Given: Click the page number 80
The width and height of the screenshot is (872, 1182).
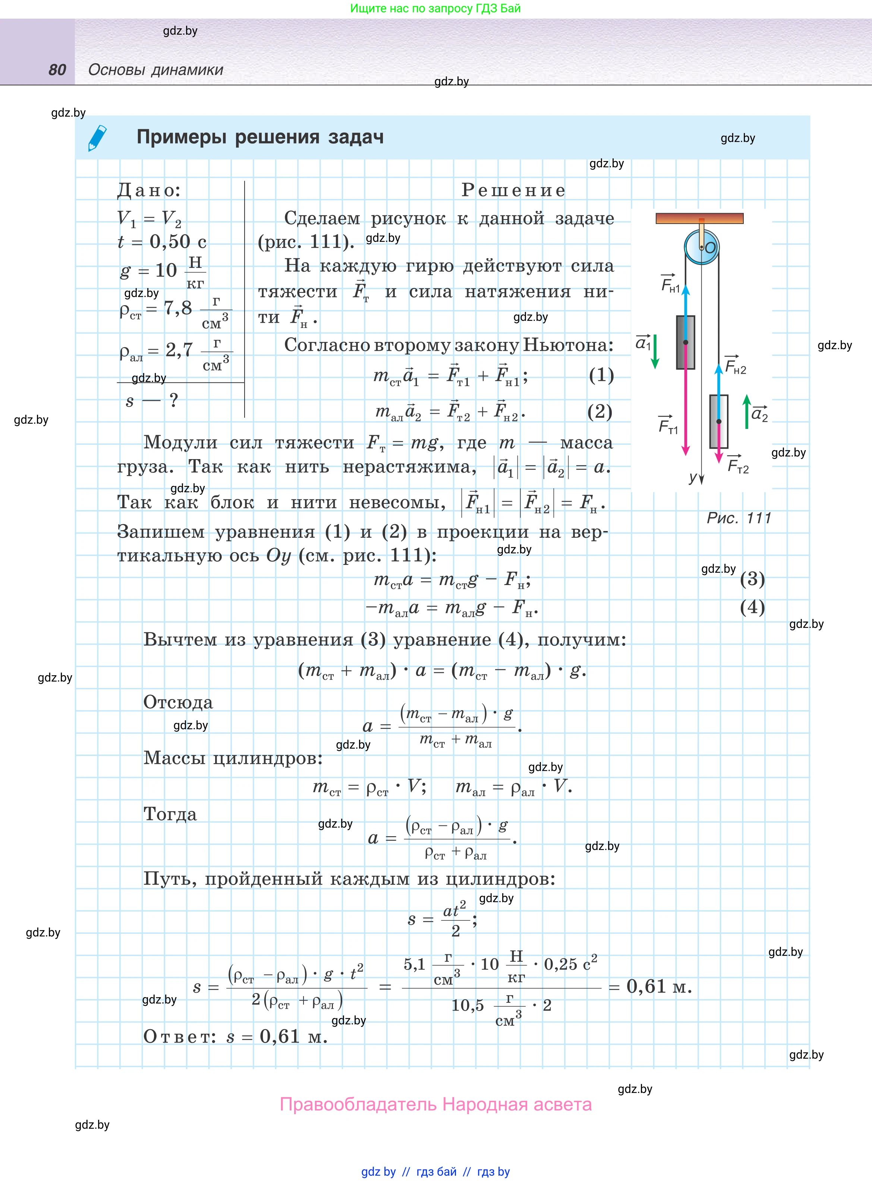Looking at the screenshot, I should tap(57, 70).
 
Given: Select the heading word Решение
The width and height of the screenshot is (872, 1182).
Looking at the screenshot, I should tap(513, 190).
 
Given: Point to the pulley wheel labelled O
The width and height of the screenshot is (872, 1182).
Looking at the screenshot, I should tap(702, 247).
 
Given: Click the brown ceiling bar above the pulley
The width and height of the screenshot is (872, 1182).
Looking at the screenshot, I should tap(699, 218).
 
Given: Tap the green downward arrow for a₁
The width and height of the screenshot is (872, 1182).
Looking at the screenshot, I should tap(655, 351).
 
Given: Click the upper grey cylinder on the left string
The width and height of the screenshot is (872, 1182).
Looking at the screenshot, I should tap(686, 342).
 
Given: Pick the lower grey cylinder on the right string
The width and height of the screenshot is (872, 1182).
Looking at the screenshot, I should tap(718, 421).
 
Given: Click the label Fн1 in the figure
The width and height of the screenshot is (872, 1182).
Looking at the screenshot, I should tap(670, 284).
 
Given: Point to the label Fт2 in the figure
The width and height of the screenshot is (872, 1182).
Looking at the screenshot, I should tap(737, 465).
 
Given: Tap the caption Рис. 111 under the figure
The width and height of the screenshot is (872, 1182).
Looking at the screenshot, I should tap(739, 518).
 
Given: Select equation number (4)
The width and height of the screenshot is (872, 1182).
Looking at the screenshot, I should tap(752, 607).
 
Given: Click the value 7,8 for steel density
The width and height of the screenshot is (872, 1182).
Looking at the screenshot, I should tap(178, 308).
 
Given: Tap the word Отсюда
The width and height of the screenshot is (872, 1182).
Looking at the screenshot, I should tap(178, 702).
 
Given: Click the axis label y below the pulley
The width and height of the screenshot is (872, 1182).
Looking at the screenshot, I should tap(693, 477).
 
